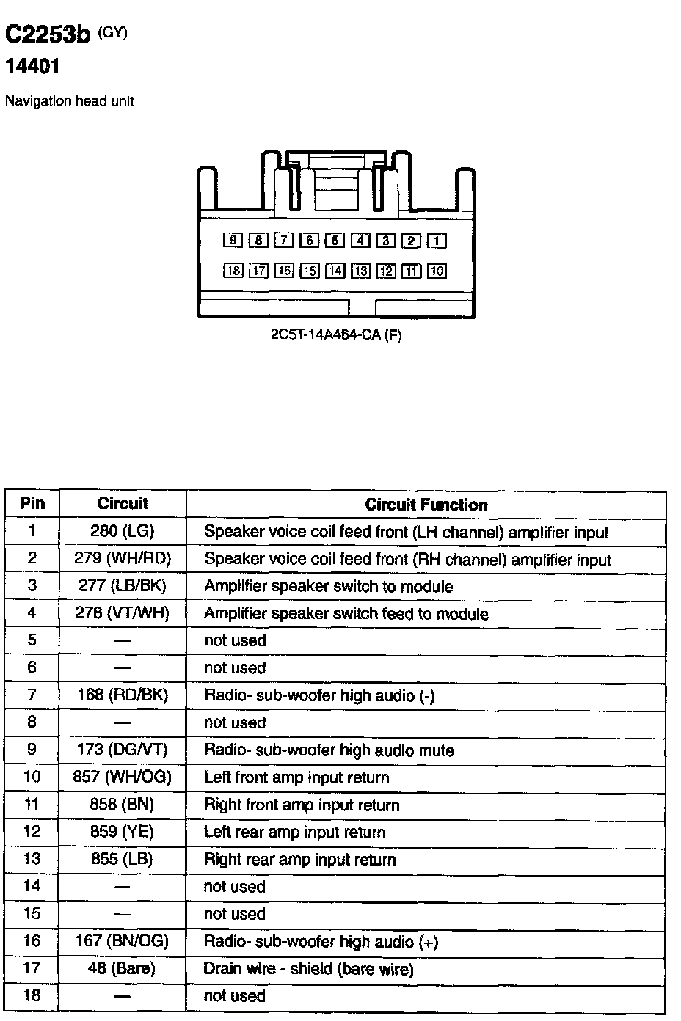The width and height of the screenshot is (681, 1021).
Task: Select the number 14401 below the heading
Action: pyautogui.click(x=32, y=67)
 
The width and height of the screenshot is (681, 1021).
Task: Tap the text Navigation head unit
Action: pyautogui.click(x=69, y=101)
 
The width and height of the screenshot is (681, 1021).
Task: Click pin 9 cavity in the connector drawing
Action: pyautogui.click(x=233, y=241)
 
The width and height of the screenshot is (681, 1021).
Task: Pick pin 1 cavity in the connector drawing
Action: pyautogui.click(x=437, y=241)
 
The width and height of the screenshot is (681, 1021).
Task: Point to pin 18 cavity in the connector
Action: pyautogui.click(x=233, y=271)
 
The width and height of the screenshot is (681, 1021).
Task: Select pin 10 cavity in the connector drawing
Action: pyautogui.click(x=437, y=271)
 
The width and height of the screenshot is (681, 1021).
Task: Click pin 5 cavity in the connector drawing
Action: pyautogui.click(x=335, y=241)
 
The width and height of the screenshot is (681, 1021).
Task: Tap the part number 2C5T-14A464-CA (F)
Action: pyautogui.click(x=336, y=335)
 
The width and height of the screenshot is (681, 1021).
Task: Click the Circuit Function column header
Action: pyautogui.click(x=426, y=505)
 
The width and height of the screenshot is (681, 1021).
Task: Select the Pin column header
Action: pyautogui.click(x=32, y=503)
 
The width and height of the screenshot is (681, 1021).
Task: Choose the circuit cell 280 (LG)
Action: pyautogui.click(x=123, y=531)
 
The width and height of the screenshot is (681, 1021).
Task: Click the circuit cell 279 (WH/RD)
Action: pyautogui.click(x=123, y=558)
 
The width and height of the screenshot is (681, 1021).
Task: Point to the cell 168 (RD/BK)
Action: pyautogui.click(x=123, y=695)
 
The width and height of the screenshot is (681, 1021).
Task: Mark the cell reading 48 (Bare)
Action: pyautogui.click(x=122, y=968)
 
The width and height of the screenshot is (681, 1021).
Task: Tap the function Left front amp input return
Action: pyautogui.click(x=296, y=777)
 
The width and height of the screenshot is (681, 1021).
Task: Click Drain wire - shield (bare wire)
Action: pyautogui.click(x=308, y=969)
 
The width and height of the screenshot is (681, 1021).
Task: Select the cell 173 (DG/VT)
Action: pyautogui.click(x=123, y=750)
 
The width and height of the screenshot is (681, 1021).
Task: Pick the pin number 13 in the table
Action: pyautogui.click(x=32, y=859)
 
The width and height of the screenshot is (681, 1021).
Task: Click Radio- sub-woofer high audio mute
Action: pyautogui.click(x=329, y=750)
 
